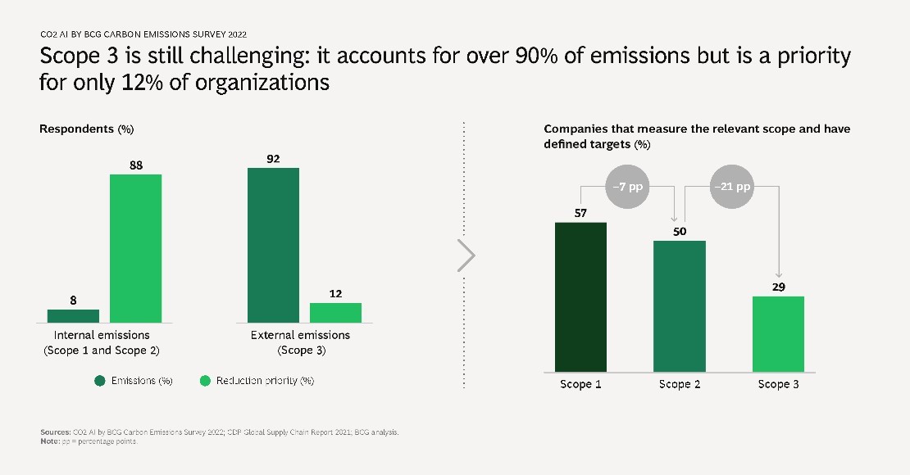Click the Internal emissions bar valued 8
click(x=73, y=315)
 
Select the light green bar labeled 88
click(x=135, y=248)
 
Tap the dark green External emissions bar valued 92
click(x=273, y=245)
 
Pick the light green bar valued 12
click(x=335, y=312)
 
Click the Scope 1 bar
click(x=580, y=296)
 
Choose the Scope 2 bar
click(x=679, y=305)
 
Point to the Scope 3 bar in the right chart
click(x=778, y=333)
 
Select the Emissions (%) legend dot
click(x=100, y=381)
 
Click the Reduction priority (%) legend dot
click(x=205, y=381)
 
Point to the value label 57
click(x=580, y=213)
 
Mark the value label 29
click(x=778, y=287)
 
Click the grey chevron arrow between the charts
click(x=466, y=256)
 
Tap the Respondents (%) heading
click(x=86, y=129)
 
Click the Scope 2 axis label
click(x=679, y=384)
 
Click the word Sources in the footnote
click(x=54, y=432)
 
